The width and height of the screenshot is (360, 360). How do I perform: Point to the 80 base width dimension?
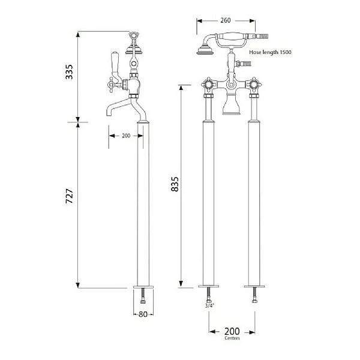tap(143, 313)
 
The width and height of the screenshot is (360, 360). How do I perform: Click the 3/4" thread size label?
tap(209, 305)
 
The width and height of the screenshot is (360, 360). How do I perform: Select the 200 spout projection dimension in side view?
tap(126, 136)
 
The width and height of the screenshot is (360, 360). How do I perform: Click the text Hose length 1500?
tap(271, 53)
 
